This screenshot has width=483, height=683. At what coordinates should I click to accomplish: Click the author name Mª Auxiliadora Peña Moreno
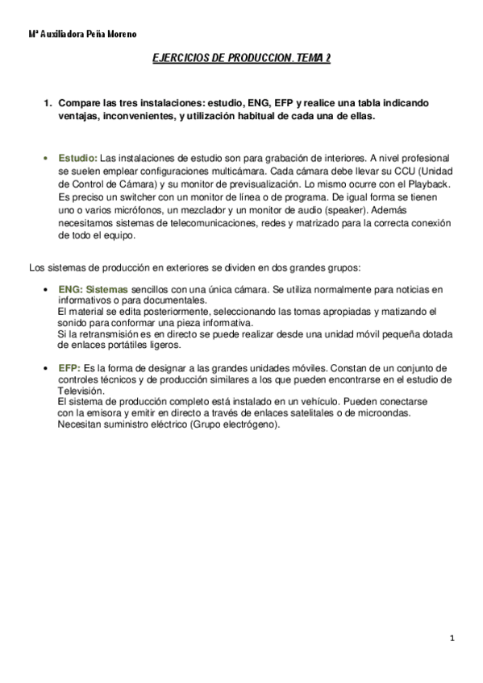tap(71, 35)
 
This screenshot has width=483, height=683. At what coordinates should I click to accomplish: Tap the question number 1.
tap(48, 105)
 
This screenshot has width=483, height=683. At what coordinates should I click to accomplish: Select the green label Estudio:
tap(78, 158)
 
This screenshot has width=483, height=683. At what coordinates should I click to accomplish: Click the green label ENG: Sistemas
tap(93, 289)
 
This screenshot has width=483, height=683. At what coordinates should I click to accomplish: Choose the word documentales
tap(172, 300)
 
